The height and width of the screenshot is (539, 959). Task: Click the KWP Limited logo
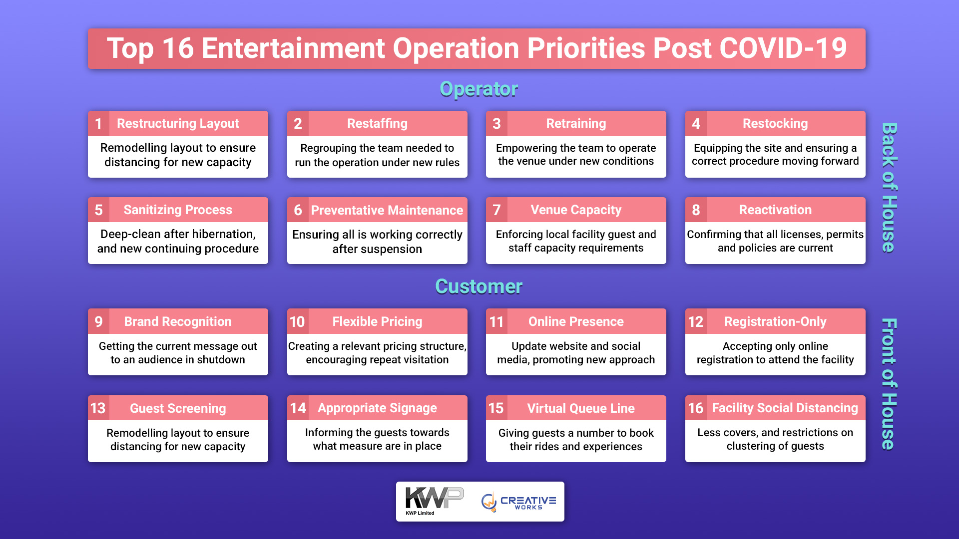(x=434, y=501)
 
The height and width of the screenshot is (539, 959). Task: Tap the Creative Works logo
(x=518, y=502)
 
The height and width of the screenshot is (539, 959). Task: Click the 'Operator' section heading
(x=479, y=89)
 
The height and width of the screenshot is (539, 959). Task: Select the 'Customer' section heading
(x=479, y=286)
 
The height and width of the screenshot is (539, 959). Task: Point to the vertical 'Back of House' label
(x=889, y=188)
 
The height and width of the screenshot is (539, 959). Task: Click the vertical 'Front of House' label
(x=889, y=384)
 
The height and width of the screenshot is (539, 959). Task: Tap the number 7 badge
(x=496, y=210)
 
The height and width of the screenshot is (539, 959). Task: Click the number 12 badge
(x=696, y=321)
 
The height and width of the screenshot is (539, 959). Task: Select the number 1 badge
(x=98, y=123)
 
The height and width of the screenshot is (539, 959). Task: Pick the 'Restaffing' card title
(x=377, y=123)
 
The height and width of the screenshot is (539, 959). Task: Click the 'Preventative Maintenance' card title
(x=387, y=210)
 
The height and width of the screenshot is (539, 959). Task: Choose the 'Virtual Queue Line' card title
(x=581, y=408)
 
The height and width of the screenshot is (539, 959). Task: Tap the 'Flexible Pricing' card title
(x=377, y=321)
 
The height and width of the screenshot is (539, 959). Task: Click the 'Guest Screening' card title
(x=178, y=408)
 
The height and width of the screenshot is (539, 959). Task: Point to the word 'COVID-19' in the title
(x=783, y=48)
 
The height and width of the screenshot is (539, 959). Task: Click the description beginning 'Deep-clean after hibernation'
(x=178, y=242)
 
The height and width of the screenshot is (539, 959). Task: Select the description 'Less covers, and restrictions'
(x=775, y=439)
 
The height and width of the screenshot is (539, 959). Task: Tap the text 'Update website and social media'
(x=576, y=353)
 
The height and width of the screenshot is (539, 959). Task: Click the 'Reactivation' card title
(x=775, y=210)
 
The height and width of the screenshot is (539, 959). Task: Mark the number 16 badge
(x=696, y=408)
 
